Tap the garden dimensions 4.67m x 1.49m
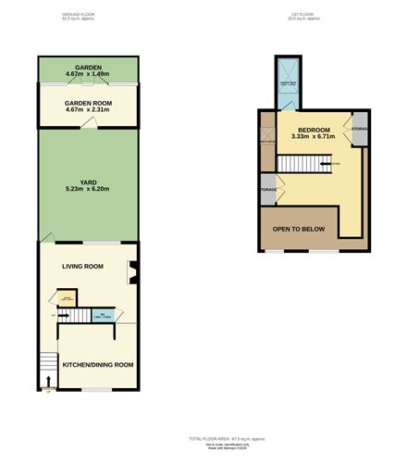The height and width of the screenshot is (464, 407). [x=90, y=74]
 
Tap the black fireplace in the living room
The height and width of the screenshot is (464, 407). [x=133, y=271]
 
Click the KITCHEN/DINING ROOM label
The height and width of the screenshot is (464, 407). [x=97, y=365]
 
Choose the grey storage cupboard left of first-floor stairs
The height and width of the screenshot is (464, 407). [x=266, y=189]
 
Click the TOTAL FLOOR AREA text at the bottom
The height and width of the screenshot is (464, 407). [x=227, y=438]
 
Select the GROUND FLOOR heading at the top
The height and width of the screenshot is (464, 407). [x=79, y=15]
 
